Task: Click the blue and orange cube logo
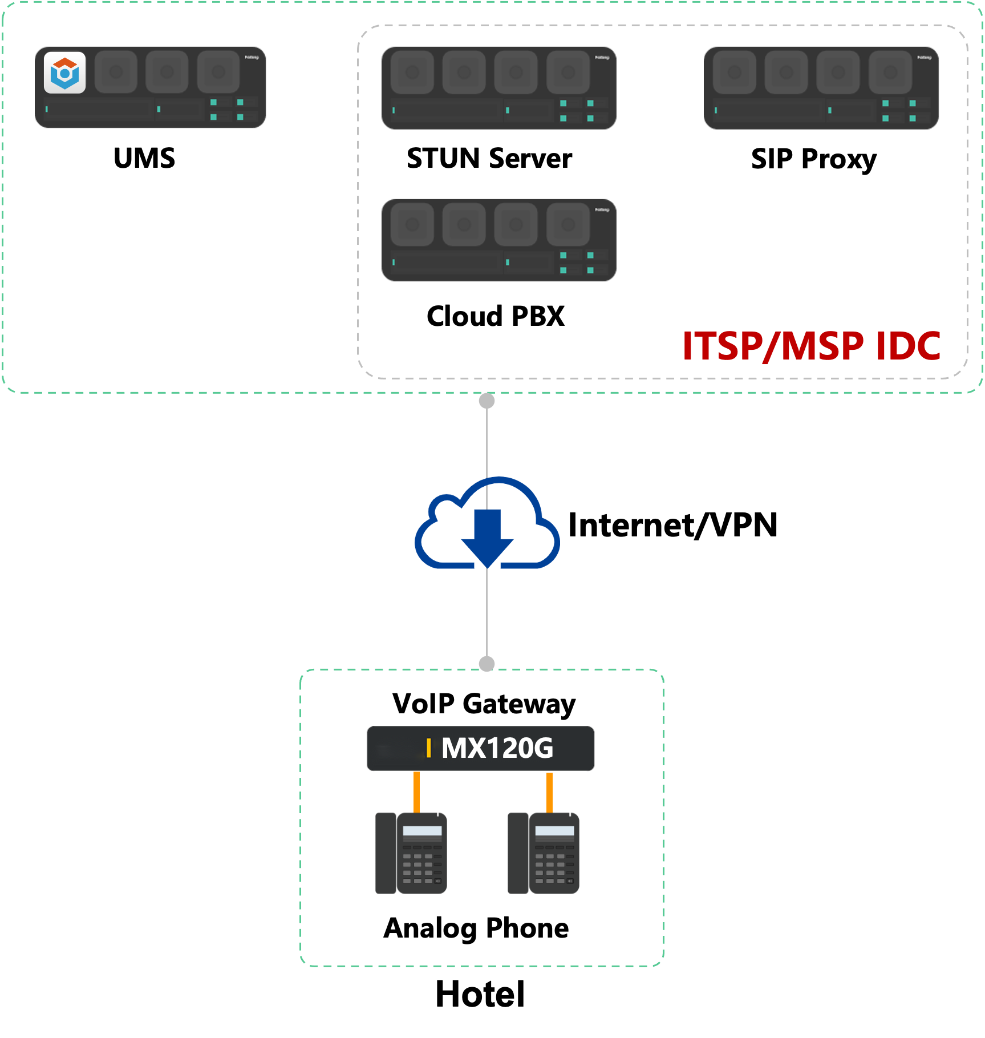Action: coord(64,72)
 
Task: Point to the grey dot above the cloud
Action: coord(487,401)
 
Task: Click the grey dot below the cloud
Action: coord(487,664)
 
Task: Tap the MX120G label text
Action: coord(497,748)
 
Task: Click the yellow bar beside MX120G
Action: coord(428,748)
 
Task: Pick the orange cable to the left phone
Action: coord(417,792)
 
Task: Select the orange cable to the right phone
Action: coord(549,792)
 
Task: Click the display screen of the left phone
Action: coord(422,831)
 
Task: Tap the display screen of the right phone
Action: coord(554,831)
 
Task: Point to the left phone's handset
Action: coord(386,853)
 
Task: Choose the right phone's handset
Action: coord(518,853)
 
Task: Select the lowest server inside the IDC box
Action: coord(499,240)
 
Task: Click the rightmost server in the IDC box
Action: coord(821,88)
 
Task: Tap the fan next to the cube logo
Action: coord(116,72)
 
